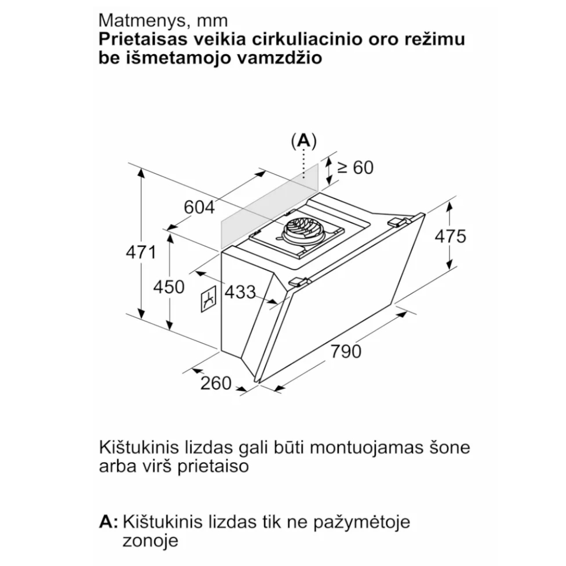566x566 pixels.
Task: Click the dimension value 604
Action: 198,207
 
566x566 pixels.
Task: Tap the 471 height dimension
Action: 141,252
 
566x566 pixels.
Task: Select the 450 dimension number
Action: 169,287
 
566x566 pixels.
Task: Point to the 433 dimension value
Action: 240,291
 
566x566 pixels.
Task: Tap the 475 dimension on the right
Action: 450,236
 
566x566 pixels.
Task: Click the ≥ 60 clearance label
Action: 355,167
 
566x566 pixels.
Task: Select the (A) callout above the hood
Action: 303,141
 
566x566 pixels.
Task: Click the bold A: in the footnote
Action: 109,521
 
